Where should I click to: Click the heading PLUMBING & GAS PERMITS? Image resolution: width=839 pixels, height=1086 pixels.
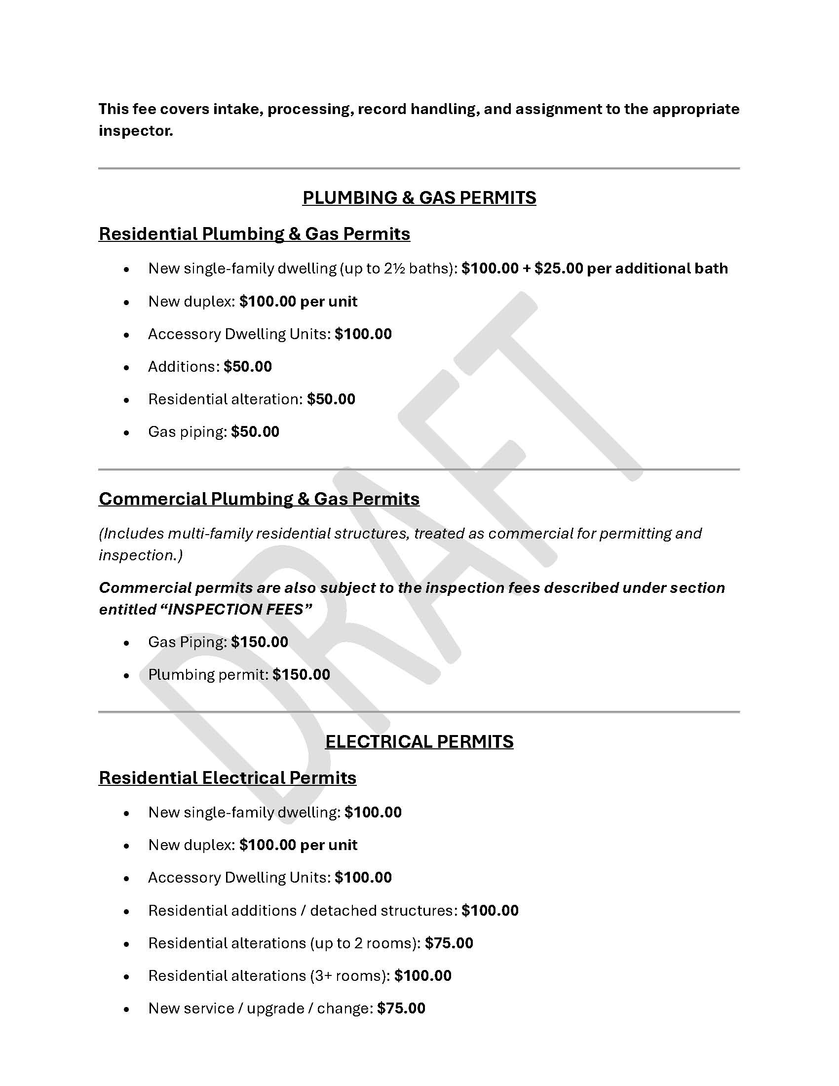[x=419, y=198]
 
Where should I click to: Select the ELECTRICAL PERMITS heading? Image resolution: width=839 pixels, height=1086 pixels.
[x=419, y=741]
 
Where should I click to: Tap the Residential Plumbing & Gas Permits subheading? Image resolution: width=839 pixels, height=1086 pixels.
[x=254, y=233]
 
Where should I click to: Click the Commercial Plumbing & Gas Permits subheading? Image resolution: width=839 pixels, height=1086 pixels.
[x=259, y=499]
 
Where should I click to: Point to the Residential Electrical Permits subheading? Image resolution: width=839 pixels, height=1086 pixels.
[x=227, y=777]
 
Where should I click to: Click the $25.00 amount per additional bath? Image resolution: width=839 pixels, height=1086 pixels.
[x=558, y=269]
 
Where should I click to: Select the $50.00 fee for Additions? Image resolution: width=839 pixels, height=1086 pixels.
[x=248, y=366]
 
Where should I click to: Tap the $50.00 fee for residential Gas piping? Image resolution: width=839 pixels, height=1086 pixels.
[x=255, y=431]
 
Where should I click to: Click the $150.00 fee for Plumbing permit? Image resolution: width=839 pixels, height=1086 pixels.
[x=301, y=674]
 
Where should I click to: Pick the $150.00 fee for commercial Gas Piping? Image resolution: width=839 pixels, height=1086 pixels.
[x=260, y=642]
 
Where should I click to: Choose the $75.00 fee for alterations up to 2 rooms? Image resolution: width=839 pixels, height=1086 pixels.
[x=449, y=943]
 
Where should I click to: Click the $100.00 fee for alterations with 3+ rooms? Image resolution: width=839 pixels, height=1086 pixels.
[x=422, y=975]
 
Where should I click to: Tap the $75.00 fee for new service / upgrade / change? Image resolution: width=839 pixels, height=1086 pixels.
[x=401, y=1008]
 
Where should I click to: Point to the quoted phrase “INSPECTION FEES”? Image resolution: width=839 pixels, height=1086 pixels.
[x=239, y=609]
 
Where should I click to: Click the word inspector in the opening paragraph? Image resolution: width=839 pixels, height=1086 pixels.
[x=135, y=131]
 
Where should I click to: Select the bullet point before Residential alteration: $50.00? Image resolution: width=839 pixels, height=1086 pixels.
[x=127, y=400]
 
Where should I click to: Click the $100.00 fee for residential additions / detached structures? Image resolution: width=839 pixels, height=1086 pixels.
[x=490, y=910]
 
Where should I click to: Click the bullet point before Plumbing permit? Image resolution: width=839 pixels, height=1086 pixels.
[x=127, y=675]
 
